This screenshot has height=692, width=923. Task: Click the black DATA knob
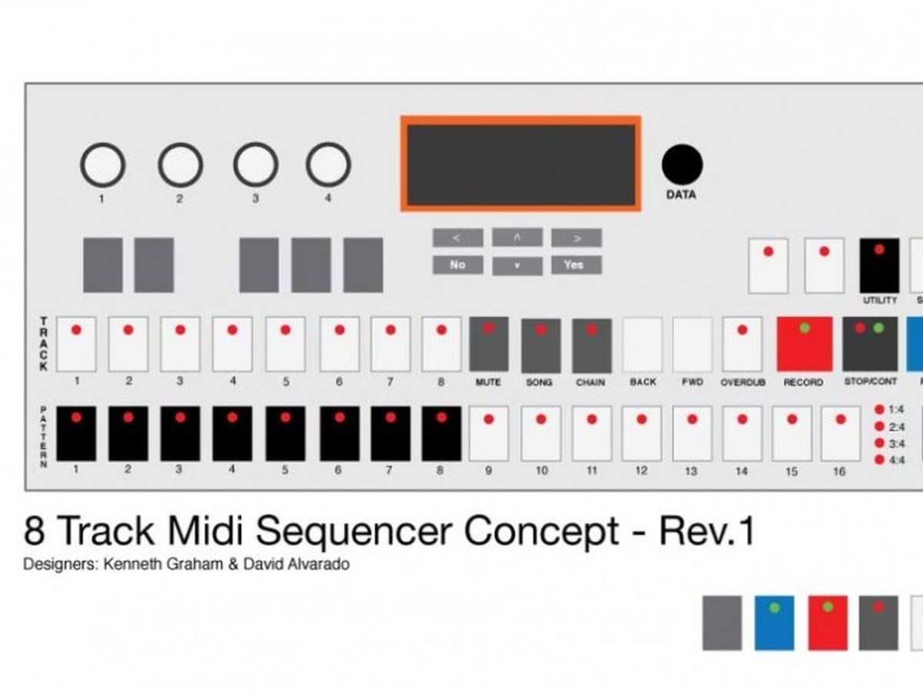tap(682, 165)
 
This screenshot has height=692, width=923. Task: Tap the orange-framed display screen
tap(521, 164)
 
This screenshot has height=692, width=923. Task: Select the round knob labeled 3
tap(255, 165)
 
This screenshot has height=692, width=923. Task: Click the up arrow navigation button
tap(517, 238)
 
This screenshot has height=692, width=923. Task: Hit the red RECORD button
tap(805, 344)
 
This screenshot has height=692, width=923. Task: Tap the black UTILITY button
tap(879, 265)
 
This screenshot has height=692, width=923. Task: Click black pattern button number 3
tap(180, 433)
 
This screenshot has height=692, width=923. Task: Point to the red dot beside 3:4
tap(879, 444)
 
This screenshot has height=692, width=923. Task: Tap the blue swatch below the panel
tap(775, 623)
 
